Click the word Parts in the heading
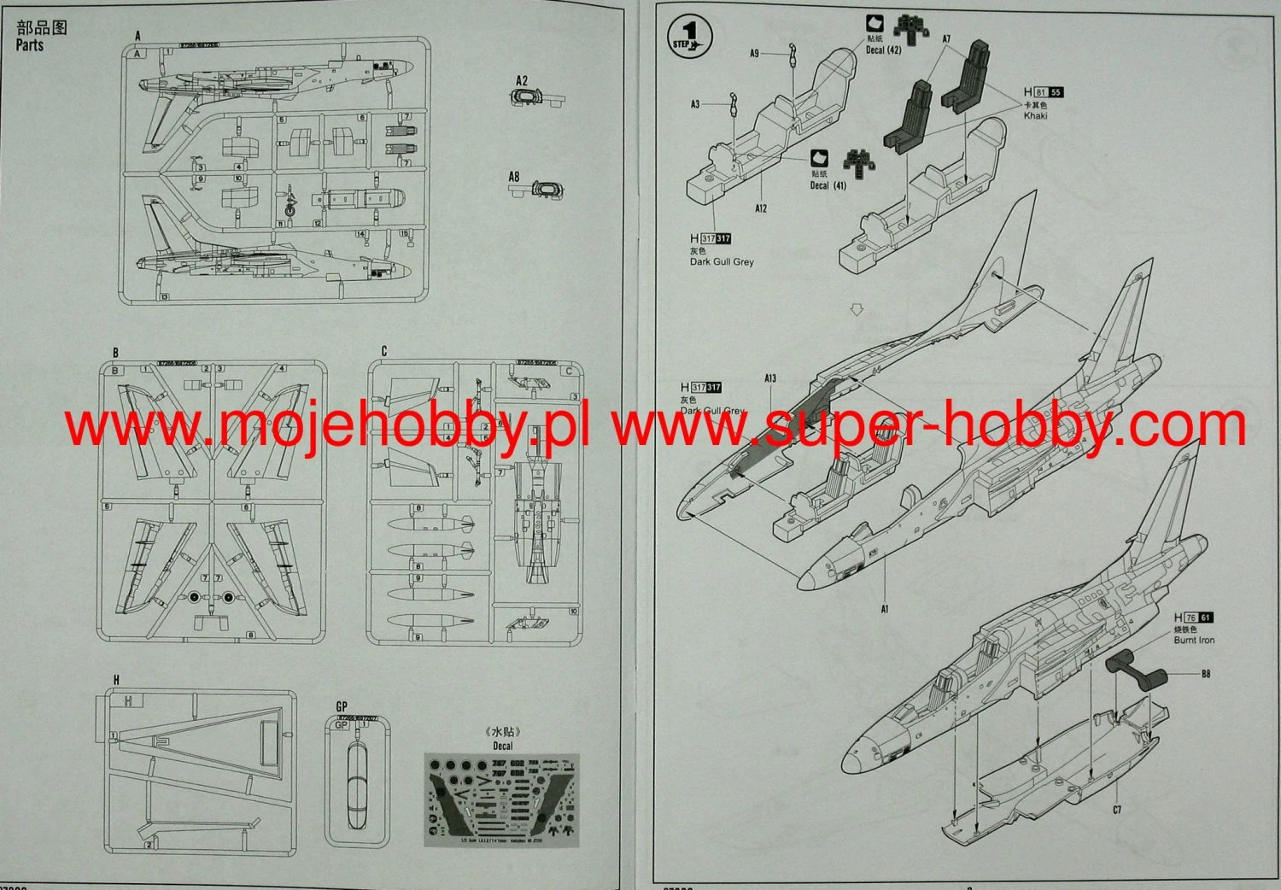29,45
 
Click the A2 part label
522,80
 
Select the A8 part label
514,177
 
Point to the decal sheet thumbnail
501,800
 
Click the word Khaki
1035,115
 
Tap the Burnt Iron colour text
1193,640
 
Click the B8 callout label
1205,674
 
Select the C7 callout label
1116,810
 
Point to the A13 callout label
770,378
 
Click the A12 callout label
761,208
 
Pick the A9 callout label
754,53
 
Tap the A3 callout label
695,104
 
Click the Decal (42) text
883,50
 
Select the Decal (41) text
828,185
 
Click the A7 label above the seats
946,39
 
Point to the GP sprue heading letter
342,706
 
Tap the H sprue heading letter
116,680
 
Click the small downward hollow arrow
857,310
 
